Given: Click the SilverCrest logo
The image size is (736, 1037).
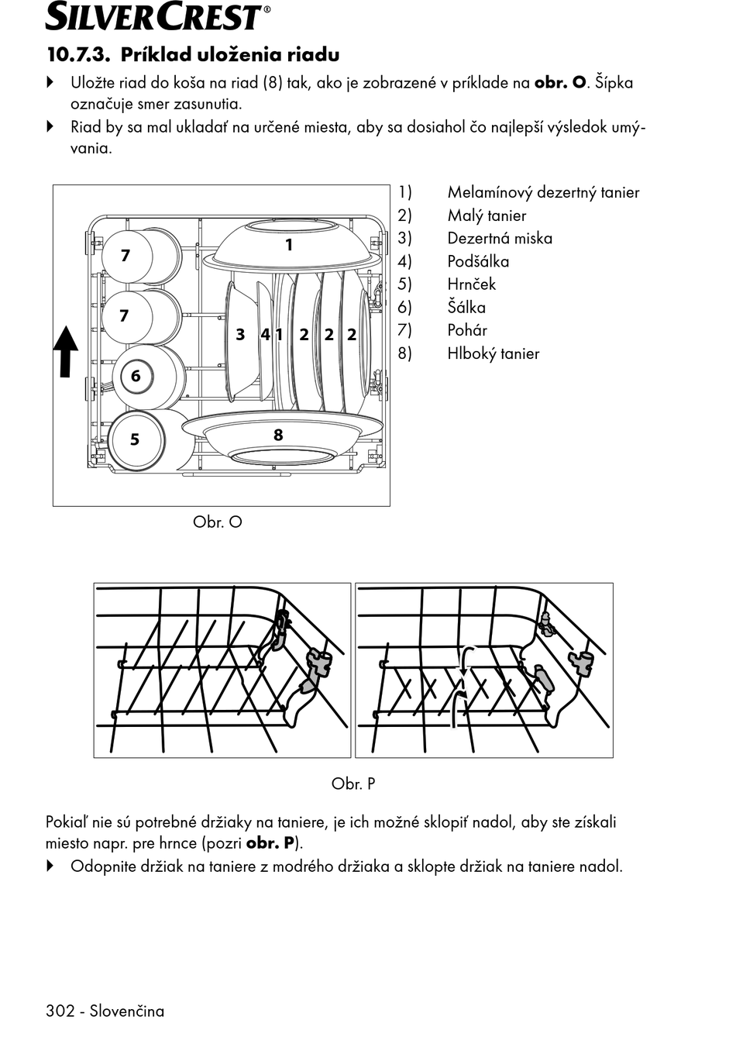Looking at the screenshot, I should point(157,16).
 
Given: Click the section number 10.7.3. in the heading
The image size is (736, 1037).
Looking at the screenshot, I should point(78,55).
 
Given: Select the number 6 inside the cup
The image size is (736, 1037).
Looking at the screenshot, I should point(136,376).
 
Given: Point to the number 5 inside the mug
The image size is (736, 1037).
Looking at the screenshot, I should point(134,439).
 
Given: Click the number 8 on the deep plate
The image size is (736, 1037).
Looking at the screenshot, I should point(278,435).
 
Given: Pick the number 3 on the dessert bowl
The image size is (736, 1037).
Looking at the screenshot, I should point(240,334).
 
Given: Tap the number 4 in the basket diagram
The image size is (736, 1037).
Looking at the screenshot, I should point(265,334).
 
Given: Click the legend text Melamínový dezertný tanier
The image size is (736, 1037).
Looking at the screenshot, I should point(543,192).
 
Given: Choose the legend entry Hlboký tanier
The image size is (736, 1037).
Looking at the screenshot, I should point(493,353).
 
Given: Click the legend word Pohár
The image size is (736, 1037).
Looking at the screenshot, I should point(467,330).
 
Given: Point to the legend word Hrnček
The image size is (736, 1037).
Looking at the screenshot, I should point(471,284).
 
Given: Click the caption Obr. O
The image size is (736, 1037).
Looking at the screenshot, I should point(217,522).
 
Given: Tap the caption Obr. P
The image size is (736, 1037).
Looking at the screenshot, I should point(353,784).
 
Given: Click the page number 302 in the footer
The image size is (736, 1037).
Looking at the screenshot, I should point(60,1011).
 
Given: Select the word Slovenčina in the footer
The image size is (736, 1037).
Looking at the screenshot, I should point(127,1011).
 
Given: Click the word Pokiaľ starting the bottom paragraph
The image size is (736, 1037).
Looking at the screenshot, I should point(66,822).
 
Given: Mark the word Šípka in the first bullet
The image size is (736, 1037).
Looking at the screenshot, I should point(614,83).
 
